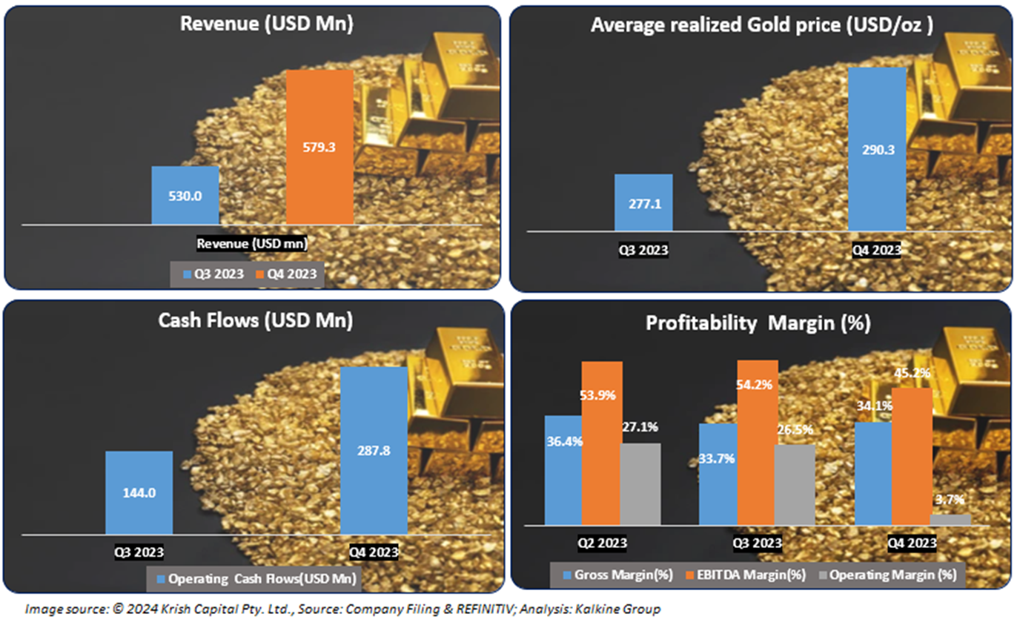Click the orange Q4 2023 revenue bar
[319, 146]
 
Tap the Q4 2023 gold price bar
[877, 148]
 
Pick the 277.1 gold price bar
[643, 202]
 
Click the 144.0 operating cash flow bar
[139, 492]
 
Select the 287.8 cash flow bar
[374, 450]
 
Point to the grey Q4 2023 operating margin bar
[950, 520]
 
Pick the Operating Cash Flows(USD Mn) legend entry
[254, 578]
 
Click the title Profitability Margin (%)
[758, 323]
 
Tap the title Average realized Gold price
[761, 24]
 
